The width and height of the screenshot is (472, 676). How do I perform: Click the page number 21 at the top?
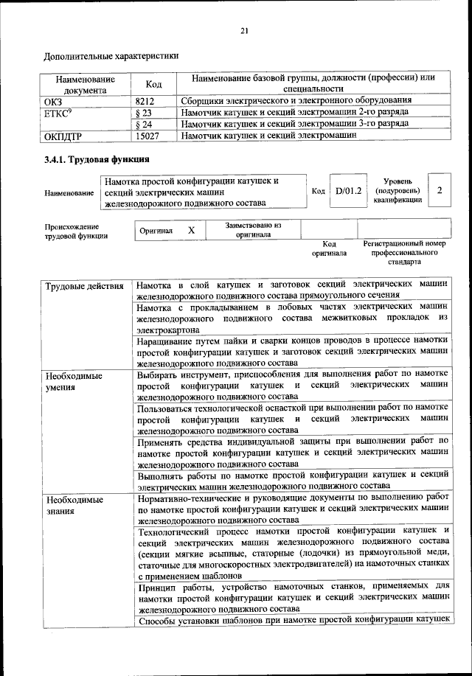point(244,30)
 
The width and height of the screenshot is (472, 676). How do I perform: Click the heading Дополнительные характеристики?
point(111,55)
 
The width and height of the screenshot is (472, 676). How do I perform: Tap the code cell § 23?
point(144,112)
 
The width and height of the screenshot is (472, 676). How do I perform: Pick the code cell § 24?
point(144,124)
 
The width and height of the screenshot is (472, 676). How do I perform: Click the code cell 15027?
point(147,136)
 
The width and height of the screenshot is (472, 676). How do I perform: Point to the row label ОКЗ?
point(55,100)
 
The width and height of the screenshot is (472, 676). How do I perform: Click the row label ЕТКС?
point(58,112)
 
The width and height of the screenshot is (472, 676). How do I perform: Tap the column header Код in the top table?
point(153,84)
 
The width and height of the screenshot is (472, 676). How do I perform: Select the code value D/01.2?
point(347,191)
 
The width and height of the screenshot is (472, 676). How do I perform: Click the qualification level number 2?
point(440,191)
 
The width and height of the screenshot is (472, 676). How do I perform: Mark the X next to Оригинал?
point(191,230)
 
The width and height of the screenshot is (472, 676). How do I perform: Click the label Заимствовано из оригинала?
point(253,230)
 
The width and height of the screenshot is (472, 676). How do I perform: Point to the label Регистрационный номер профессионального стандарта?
point(404,252)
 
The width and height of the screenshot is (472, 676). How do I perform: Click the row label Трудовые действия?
point(84,286)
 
